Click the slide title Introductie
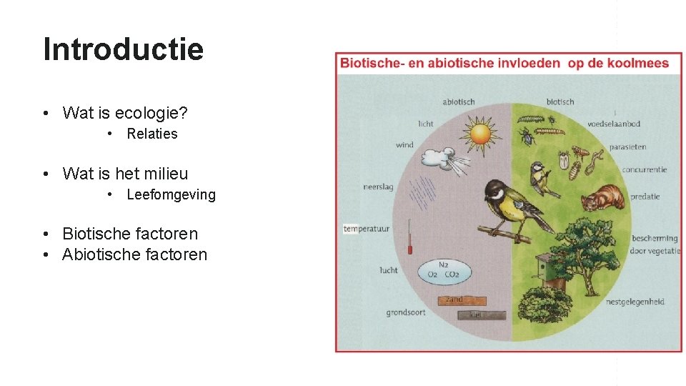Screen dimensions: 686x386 (x=123, y=49)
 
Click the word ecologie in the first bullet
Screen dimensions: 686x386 (x=146, y=113)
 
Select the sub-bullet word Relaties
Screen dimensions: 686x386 (x=152, y=134)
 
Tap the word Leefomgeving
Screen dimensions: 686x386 (x=171, y=194)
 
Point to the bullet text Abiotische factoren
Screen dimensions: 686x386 (x=134, y=254)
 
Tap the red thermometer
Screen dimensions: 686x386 (x=411, y=237)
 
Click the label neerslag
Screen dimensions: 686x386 (x=378, y=187)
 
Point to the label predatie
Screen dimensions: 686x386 (x=645, y=196)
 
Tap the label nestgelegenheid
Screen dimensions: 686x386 (x=635, y=302)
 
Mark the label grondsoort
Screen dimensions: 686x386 (x=406, y=312)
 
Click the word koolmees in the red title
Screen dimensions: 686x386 (x=638, y=63)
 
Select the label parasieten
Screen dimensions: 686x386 (x=627, y=147)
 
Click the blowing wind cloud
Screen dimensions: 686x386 (x=448, y=158)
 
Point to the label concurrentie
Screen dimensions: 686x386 (x=644, y=170)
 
